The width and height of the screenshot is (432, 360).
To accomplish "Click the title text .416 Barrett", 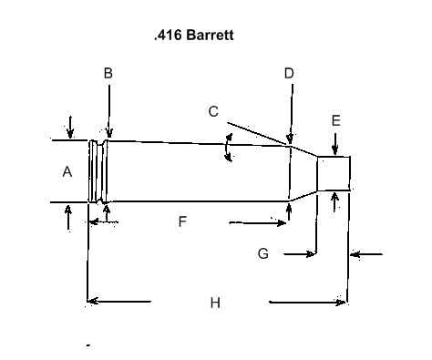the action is coord(194,35).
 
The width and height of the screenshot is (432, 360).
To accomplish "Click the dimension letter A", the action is coord(67,171).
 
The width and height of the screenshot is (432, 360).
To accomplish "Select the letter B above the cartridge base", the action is coord(108,73).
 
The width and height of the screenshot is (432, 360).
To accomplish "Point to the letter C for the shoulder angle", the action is coord(213,111).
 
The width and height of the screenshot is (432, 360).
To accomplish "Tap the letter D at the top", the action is coord(289,73).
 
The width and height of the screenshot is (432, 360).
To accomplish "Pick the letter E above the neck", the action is coord(335,120).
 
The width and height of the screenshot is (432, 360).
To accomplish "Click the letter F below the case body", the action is coord(182,221).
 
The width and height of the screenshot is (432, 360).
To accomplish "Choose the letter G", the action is coord(263,253).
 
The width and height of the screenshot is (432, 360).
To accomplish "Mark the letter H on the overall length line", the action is coord(215,303).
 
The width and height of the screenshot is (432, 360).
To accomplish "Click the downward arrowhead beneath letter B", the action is coord(109,133).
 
